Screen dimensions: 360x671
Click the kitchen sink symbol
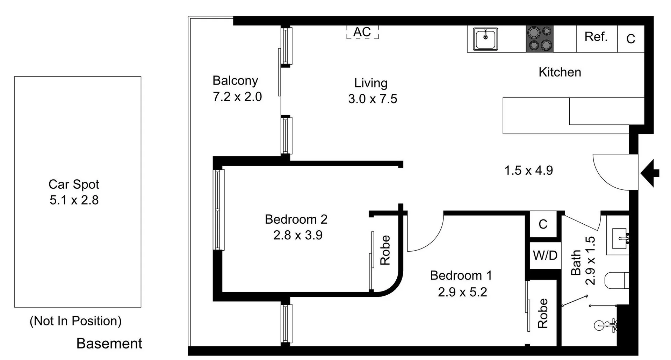[x=485, y=39]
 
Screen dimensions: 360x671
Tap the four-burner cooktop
[x=540, y=39]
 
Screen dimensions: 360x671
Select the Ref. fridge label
[x=596, y=37]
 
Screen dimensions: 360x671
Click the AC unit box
[x=362, y=32]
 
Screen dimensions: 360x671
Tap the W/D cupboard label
[x=545, y=255]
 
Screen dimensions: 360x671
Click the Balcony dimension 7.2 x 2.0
[x=237, y=97]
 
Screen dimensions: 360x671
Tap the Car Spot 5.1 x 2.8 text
[x=74, y=200]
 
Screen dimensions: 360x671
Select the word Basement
[x=109, y=344]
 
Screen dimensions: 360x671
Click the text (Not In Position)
[x=75, y=321]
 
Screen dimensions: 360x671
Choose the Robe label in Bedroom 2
[x=385, y=250]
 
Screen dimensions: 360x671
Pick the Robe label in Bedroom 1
[x=542, y=314]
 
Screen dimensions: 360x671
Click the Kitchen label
[x=560, y=72]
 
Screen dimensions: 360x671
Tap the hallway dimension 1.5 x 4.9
[x=528, y=171]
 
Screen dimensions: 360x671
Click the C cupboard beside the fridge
[x=630, y=39]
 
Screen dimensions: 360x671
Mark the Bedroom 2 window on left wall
[x=219, y=210]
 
